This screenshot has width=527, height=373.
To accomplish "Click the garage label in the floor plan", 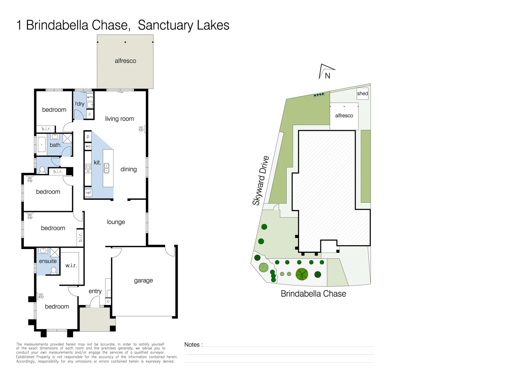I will point(143,280).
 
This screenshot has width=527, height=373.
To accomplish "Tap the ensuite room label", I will point(48,261).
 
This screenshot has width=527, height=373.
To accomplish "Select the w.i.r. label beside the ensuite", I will point(71,265).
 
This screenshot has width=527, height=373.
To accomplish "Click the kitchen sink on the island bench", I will point(107,168).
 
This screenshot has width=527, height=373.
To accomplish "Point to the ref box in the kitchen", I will point(88,193).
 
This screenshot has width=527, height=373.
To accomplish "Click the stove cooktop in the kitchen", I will point(88,168).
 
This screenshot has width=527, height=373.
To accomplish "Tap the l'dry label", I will point(80,104).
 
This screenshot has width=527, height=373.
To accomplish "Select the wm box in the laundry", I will point(90,97).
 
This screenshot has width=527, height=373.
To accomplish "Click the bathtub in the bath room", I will point(42,145).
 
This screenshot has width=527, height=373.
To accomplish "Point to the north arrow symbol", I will point(326,72).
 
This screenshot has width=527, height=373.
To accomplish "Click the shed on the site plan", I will point(362,94).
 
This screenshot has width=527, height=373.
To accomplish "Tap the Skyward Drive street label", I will point(261,181).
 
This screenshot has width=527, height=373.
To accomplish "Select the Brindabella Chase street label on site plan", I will point(313,294).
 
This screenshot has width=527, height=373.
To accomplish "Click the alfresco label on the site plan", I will point(344,116).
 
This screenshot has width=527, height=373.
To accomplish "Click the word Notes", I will point(192,344).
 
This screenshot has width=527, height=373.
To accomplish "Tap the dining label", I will point(129,169).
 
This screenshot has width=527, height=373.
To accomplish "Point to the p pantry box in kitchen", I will point(88,136).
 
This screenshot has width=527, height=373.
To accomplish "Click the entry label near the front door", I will point(95,291).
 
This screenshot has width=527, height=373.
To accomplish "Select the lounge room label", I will point(116,222).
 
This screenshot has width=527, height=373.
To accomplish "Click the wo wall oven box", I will point(88,146).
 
